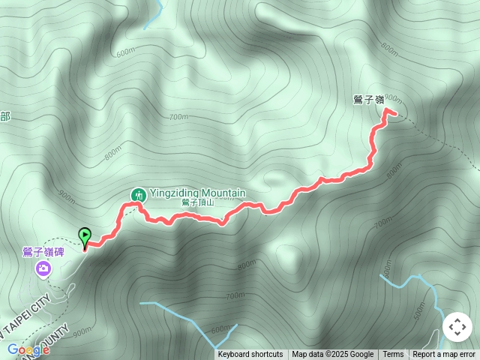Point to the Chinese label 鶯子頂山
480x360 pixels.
point(198,203)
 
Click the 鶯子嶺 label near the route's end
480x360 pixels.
point(368,99)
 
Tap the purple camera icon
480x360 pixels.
point(43,268)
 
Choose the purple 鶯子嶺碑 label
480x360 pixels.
point(43,252)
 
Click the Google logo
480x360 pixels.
point(28,349)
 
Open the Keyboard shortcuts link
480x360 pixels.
point(250,355)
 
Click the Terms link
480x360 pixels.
point(393,355)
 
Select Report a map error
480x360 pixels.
point(444,355)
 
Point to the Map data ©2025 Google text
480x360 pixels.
point(332,355)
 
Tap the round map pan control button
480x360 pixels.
point(457,328)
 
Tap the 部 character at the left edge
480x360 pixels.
point(5,116)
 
